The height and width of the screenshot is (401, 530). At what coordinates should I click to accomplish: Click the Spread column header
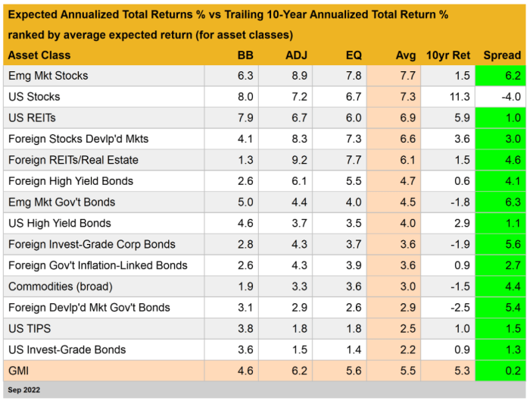pos(502,55)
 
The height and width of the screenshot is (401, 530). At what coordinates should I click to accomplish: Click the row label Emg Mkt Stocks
pos(48,76)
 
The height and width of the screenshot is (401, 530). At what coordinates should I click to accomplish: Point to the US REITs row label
pos(32,118)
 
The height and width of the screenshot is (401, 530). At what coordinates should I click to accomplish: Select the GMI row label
pos(19,371)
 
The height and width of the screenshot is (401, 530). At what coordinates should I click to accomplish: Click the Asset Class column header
pos(39,55)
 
